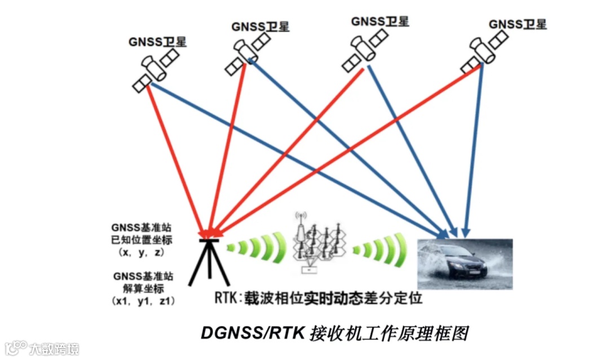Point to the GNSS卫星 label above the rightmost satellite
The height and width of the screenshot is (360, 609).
517,24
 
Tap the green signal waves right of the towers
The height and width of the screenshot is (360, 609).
381,249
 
